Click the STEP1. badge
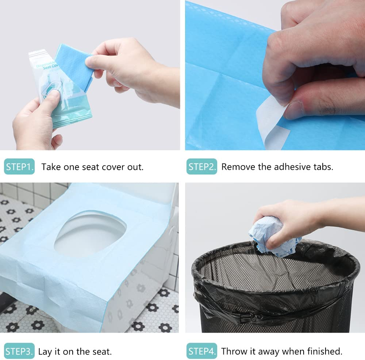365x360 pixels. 19,167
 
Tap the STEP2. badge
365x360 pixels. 202,167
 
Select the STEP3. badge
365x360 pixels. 19,351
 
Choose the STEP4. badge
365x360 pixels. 202,351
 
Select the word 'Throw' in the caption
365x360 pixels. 233,352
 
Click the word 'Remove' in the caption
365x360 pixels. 235,167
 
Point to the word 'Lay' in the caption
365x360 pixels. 45,352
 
